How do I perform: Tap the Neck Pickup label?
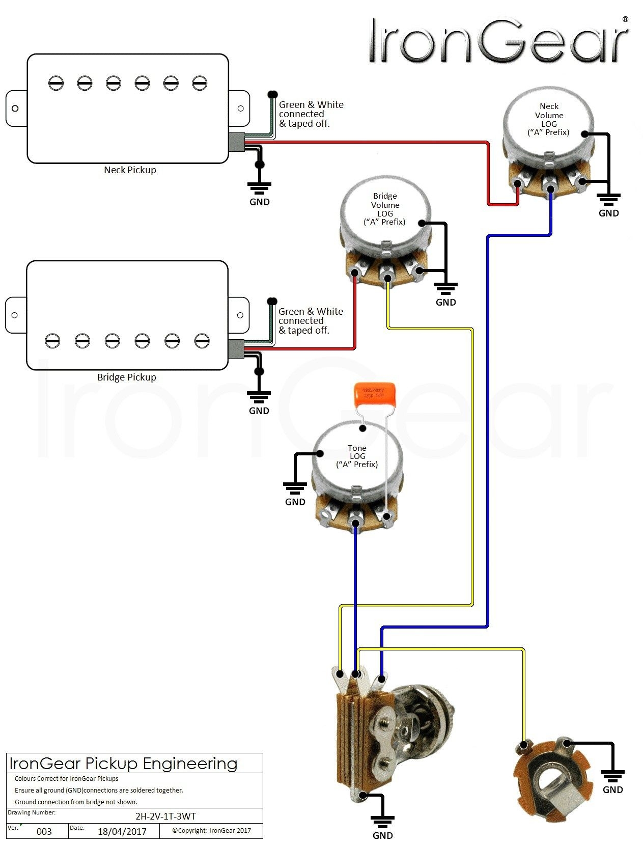[130, 170]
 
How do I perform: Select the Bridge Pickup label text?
[127, 377]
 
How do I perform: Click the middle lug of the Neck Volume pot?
[550, 189]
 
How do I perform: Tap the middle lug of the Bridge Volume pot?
[387, 278]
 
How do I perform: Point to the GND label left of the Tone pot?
[295, 502]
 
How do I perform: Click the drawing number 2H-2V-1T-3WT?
[165, 816]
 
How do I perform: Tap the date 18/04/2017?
[122, 831]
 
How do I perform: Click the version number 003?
[44, 831]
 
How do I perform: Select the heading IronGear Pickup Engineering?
[124, 764]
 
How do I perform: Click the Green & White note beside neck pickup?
[311, 114]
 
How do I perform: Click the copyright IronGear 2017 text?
[211, 830]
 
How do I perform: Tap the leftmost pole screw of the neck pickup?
[56, 83]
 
